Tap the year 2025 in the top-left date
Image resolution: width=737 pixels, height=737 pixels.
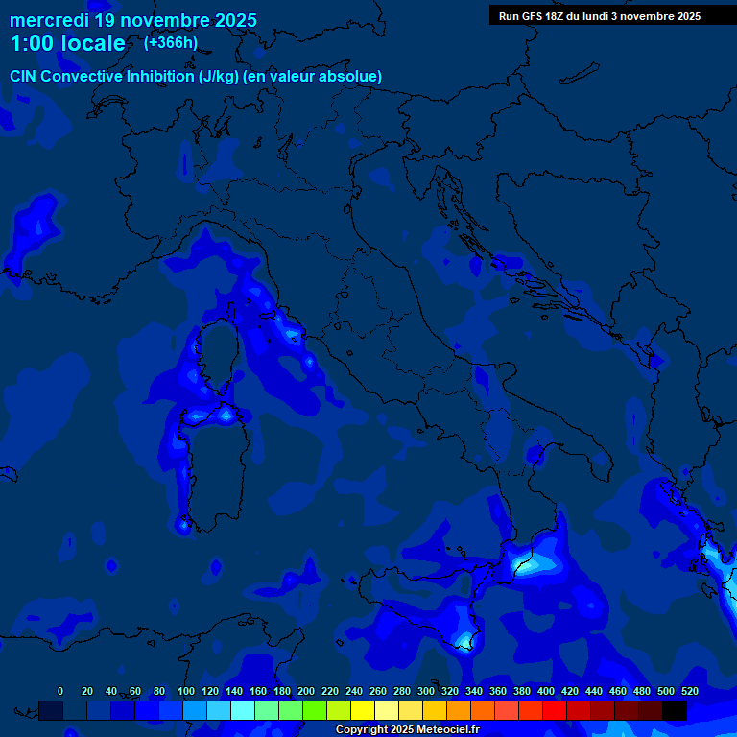230,19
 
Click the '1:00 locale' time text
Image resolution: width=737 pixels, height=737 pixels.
67,44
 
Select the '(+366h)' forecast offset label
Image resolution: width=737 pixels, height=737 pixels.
170,42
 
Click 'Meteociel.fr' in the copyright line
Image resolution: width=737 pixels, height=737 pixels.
440,729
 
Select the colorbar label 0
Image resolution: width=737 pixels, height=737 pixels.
60,691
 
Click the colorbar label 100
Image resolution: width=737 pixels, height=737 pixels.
186,691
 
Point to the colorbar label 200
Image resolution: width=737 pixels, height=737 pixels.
306,691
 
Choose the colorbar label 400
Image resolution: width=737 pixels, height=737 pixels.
546,691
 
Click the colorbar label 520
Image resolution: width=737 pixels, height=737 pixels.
689,691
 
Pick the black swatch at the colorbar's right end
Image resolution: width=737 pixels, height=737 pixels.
674,710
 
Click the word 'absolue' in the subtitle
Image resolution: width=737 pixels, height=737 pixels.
354,76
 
